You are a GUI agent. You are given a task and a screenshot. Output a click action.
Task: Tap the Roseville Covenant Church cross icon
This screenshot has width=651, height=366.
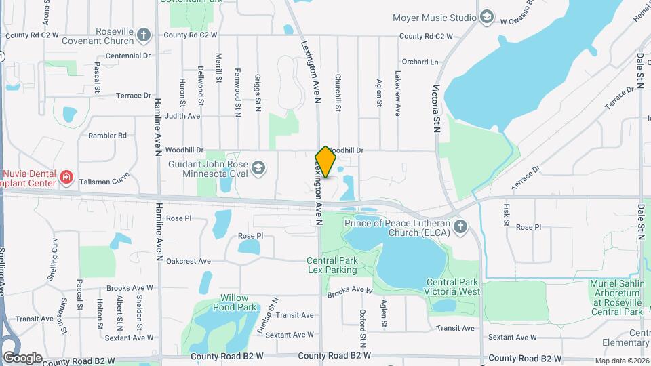point(143,35)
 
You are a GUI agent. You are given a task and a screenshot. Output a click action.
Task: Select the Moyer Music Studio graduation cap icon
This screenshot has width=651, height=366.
point(486,17)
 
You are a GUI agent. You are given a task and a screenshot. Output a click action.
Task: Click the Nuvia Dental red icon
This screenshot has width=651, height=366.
point(66,178)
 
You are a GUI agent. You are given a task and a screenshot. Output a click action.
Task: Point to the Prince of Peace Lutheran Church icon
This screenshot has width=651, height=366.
point(460,227)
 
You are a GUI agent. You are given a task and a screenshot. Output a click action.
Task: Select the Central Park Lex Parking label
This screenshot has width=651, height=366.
point(332,265)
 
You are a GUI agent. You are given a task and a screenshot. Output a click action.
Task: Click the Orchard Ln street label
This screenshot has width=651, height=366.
point(420,62)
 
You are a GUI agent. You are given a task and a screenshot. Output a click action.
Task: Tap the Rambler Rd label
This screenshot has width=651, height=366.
point(107,136)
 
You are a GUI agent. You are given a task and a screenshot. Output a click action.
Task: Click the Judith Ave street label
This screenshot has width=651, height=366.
point(182,116)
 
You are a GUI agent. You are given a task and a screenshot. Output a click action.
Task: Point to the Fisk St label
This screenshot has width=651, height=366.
point(506,216)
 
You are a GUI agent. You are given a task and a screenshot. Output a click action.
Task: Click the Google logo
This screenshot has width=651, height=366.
point(22,357)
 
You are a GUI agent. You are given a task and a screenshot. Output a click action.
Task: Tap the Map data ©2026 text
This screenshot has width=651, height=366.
point(623,361)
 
